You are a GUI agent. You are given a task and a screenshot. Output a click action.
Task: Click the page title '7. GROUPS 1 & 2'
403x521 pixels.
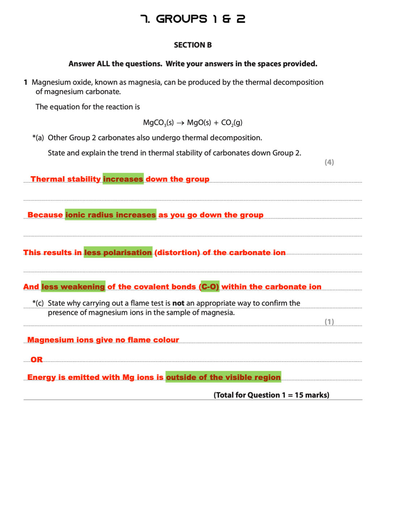pyautogui.click(x=193, y=19)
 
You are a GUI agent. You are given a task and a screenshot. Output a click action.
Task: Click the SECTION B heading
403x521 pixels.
pyautogui.click(x=193, y=45)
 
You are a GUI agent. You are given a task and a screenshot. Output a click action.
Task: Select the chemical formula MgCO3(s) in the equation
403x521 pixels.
pyautogui.click(x=158, y=123)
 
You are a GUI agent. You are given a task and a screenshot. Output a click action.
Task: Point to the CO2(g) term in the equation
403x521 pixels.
pyautogui.click(x=232, y=123)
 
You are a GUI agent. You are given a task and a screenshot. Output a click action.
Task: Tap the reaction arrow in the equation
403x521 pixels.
pyautogui.click(x=180, y=123)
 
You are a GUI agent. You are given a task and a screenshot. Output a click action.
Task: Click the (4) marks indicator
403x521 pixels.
pyautogui.click(x=329, y=162)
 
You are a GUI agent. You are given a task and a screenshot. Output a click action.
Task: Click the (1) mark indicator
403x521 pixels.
pyautogui.click(x=329, y=322)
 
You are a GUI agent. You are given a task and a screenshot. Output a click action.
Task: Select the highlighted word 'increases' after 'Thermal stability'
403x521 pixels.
pyautogui.click(x=123, y=179)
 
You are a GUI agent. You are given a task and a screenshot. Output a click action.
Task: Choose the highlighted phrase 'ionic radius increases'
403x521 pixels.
pyautogui.click(x=110, y=215)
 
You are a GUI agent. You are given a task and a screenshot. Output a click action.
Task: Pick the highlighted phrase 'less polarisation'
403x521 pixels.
pyautogui.click(x=118, y=252)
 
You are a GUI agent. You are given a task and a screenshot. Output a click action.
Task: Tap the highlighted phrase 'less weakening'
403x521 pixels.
pyautogui.click(x=73, y=287)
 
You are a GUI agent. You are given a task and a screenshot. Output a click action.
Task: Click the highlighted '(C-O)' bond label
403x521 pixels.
pyautogui.click(x=210, y=287)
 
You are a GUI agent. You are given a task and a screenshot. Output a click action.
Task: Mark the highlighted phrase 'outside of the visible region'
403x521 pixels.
pyautogui.click(x=223, y=377)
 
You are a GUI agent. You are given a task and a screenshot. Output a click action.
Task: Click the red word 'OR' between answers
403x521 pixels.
pyautogui.click(x=37, y=359)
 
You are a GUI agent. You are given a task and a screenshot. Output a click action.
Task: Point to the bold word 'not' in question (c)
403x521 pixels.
pyautogui.click(x=178, y=303)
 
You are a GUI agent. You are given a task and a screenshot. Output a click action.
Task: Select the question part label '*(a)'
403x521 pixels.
pyautogui.click(x=38, y=138)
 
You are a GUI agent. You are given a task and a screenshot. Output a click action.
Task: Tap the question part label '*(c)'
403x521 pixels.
pyautogui.click(x=38, y=303)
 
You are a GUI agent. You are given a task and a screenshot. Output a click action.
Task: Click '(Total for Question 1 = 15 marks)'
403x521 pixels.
pyautogui.click(x=271, y=395)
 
